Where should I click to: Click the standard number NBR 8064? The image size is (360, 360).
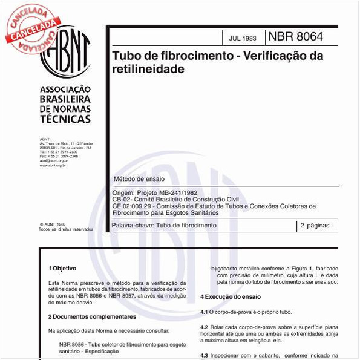295,37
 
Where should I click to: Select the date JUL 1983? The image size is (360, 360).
242,38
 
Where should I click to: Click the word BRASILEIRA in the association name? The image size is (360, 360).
65,99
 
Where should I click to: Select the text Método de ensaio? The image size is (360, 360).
139,179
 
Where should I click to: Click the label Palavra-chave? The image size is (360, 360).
133,226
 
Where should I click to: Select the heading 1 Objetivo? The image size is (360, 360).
62,267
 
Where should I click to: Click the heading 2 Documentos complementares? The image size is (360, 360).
92,316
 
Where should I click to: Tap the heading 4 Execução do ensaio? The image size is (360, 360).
231,297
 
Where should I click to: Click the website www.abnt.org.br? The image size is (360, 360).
53,165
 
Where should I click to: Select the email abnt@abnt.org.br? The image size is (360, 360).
53,160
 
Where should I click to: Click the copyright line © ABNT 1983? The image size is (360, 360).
53,224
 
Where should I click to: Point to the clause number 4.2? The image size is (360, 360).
204,327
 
